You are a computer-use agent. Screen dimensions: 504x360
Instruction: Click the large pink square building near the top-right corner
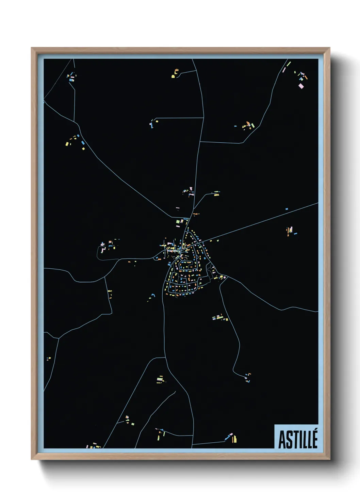pos(301,86)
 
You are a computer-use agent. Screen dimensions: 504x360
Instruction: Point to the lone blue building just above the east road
pos(287,209)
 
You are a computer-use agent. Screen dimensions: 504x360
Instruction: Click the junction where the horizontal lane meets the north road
pos(203,118)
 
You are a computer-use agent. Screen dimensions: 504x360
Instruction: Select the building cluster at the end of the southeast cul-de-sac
pos(247,377)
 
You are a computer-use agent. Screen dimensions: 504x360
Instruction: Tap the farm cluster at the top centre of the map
pos(175,74)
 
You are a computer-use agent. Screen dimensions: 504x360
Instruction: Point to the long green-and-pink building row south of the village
pos(220,318)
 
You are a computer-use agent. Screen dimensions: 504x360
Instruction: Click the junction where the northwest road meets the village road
pos(171,217)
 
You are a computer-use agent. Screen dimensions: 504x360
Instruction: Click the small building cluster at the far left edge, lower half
pos(49,358)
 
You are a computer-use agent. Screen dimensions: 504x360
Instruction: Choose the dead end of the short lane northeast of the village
pos(219,192)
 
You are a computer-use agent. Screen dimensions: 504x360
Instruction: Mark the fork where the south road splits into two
pos(165,358)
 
